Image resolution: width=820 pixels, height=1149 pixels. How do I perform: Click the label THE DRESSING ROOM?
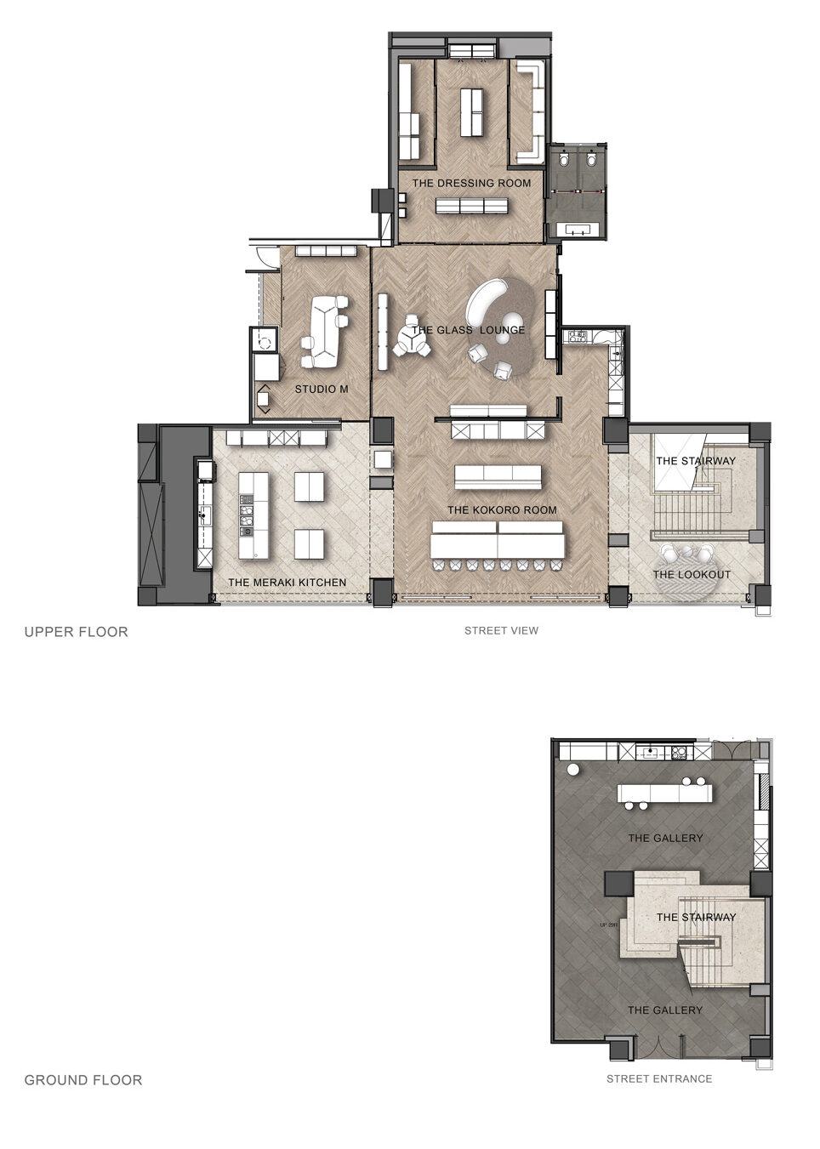pyautogui.click(x=471, y=183)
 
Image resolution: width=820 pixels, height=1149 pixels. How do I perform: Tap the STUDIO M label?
pyautogui.click(x=322, y=390)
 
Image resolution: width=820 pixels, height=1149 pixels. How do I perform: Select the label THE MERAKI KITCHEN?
pyautogui.click(x=287, y=583)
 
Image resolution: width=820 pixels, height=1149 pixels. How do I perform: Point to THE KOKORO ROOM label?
pyautogui.click(x=501, y=510)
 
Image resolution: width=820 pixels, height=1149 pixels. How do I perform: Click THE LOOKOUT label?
pyautogui.click(x=692, y=575)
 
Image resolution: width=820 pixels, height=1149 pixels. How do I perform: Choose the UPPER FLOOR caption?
pyautogui.click(x=76, y=631)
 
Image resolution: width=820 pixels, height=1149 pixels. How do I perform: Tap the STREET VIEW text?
pyautogui.click(x=501, y=630)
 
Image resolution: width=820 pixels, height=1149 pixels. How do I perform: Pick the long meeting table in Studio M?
pyautogui.click(x=323, y=332)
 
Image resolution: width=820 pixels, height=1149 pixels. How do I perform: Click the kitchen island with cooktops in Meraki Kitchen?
pyautogui.click(x=253, y=515)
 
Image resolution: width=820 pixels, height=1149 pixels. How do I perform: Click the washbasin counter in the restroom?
pyautogui.click(x=580, y=230)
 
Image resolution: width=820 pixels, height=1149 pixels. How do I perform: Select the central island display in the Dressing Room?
pyautogui.click(x=471, y=112)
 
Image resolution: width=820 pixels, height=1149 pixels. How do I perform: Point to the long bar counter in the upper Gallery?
pyautogui.click(x=664, y=793)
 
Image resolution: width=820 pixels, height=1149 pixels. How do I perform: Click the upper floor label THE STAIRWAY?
pyautogui.click(x=696, y=461)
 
